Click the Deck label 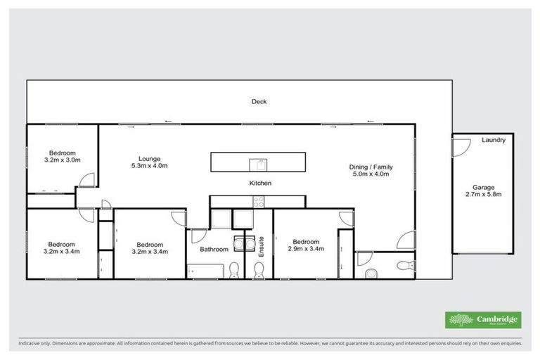tap(259, 102)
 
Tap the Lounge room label tap(149, 157)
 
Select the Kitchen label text tap(260, 183)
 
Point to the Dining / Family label tap(371, 167)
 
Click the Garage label tap(482, 188)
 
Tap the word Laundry tap(494, 141)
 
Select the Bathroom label tap(214, 249)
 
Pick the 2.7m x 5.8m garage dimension tap(482, 196)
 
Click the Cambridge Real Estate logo tap(484, 320)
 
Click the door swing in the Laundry tap(460, 146)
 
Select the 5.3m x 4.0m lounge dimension tap(149, 166)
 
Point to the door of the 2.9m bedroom tap(345, 218)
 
